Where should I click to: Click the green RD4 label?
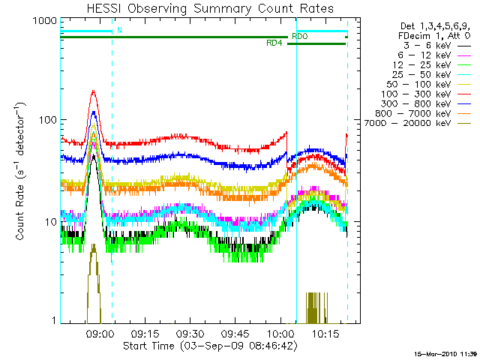[274, 43]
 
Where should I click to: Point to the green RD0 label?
[299, 36]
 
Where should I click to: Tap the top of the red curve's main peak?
[94, 91]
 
